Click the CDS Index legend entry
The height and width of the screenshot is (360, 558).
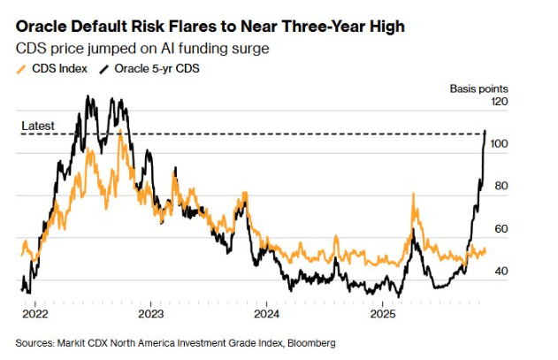[x=55, y=68]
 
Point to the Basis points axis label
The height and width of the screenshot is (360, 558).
[x=478, y=88]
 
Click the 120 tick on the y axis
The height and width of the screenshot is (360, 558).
[x=501, y=103]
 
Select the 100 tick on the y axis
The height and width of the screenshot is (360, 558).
[x=501, y=144]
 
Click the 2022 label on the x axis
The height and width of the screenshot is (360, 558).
[x=34, y=314]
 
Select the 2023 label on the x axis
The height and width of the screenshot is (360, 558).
[x=151, y=314]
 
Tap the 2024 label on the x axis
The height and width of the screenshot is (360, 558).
[x=266, y=314]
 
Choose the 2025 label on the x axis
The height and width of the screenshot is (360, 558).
[x=382, y=314]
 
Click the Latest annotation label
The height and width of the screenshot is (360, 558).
[x=38, y=126]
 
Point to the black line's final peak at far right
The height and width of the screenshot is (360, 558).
[x=485, y=132]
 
